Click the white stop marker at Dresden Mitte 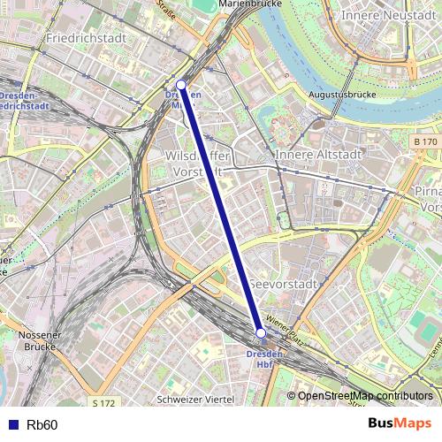click(x=180, y=85)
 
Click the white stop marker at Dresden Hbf click(x=261, y=332)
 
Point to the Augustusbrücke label click(x=343, y=94)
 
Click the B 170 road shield click(x=424, y=141)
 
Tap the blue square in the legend click(x=11, y=425)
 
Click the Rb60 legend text click(x=42, y=425)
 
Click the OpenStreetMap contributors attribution click(x=365, y=396)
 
